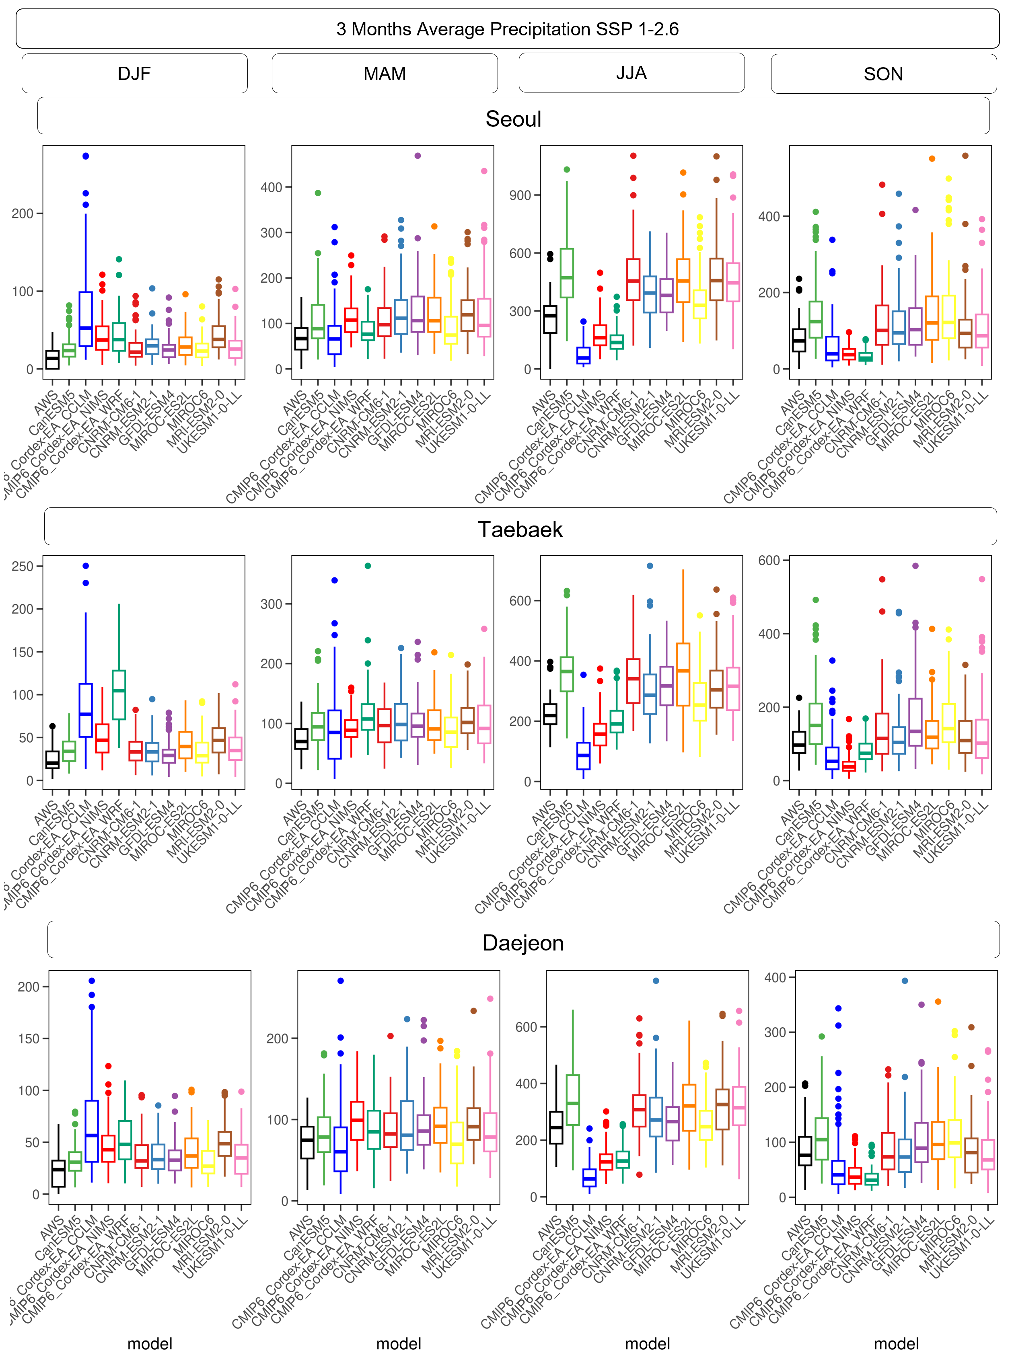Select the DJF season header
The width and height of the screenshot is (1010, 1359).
pos(134,74)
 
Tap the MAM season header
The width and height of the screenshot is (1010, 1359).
pos(385,74)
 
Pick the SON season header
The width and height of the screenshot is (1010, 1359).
pos(883,74)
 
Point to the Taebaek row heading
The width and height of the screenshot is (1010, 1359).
pos(520,529)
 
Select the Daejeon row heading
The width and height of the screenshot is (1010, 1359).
pos(523,942)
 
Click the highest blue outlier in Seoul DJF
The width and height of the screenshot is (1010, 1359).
pos(86,156)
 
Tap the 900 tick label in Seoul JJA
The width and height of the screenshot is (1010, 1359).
pos(521,195)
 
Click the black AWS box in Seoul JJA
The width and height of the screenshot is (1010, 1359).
pos(550,319)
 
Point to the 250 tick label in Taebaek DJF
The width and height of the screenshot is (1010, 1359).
pos(23,567)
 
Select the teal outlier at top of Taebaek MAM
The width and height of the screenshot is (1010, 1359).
pos(368,566)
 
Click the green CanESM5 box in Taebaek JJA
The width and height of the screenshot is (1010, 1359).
pos(567,673)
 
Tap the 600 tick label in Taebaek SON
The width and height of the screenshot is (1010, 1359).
pos(769,560)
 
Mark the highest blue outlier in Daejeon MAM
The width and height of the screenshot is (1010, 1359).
pos(341,981)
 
